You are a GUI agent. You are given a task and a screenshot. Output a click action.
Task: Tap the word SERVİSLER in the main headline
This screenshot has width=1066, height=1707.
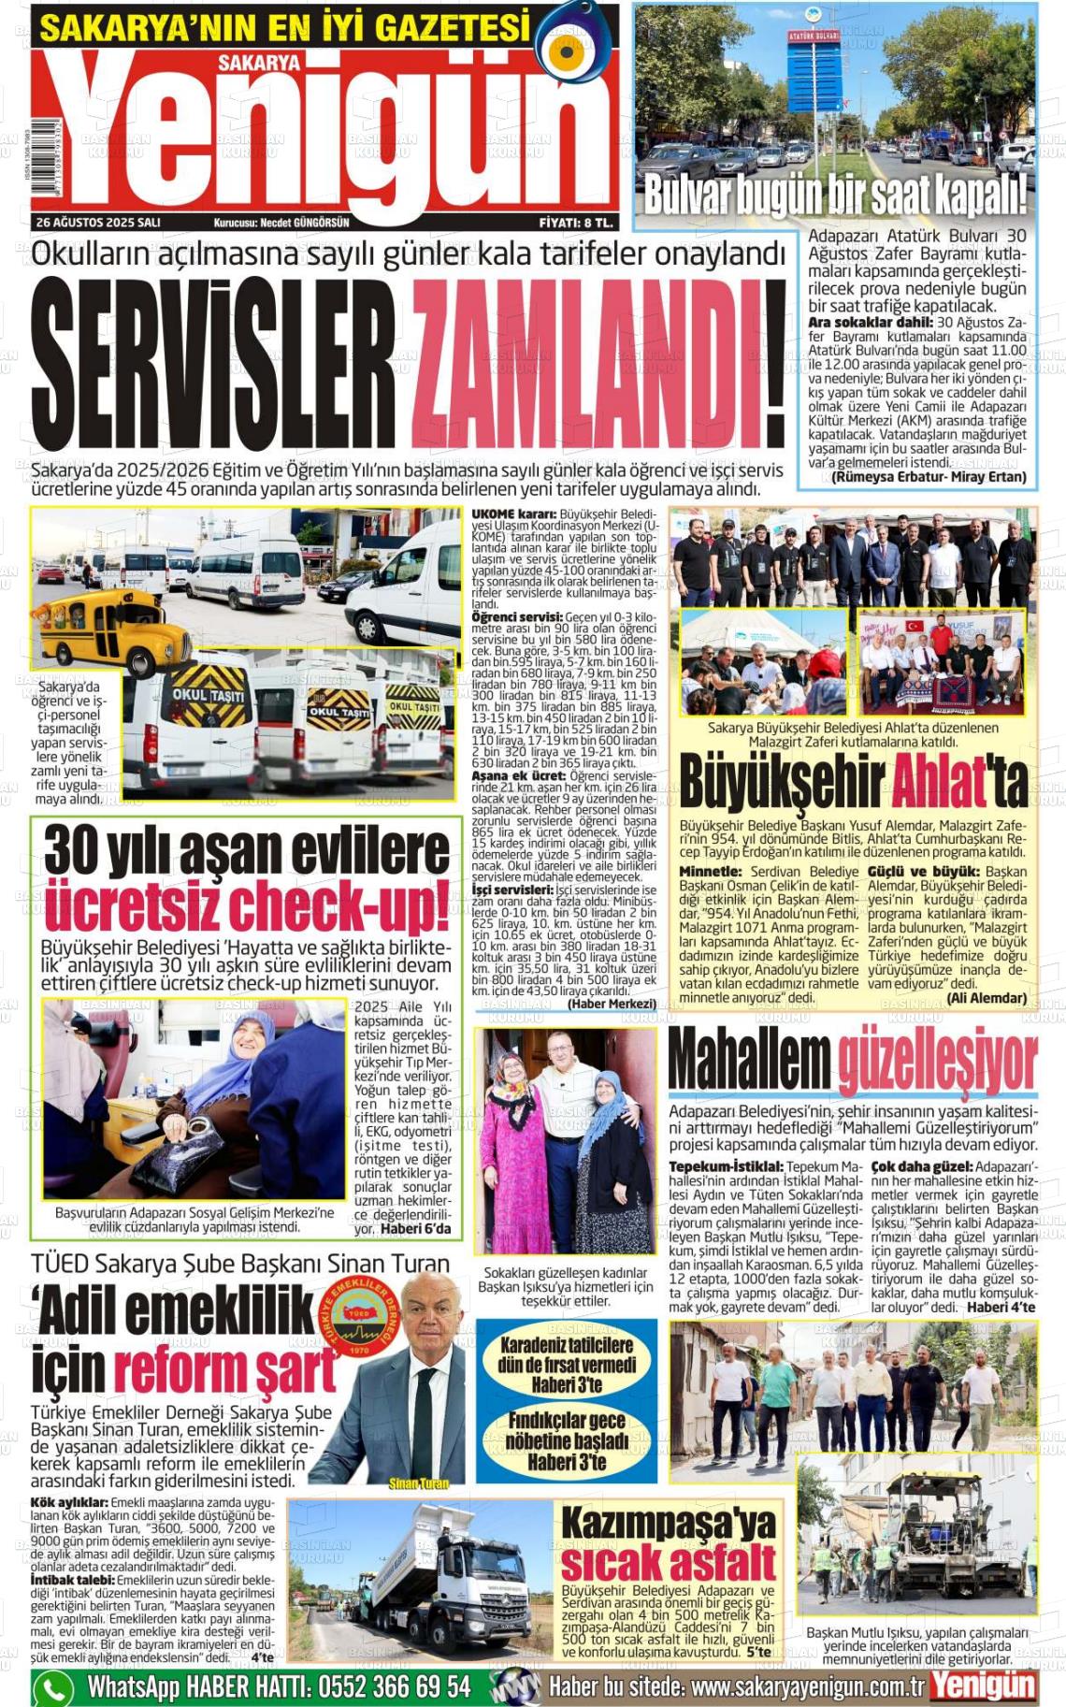(x=213, y=364)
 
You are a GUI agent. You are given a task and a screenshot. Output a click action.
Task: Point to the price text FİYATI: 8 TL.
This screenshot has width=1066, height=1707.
(x=576, y=223)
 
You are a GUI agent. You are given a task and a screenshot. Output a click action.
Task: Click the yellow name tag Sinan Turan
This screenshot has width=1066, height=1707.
(x=418, y=1483)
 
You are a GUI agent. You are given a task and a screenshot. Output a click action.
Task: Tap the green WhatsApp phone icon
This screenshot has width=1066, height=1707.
(x=53, y=1688)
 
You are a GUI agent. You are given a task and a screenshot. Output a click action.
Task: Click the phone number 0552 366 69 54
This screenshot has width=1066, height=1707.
(x=394, y=1687)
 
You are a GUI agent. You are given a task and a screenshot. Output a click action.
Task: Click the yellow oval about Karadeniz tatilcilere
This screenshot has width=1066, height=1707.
(x=567, y=1365)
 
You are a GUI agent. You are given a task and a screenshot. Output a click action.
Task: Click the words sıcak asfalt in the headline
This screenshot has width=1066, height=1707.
(x=668, y=1563)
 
